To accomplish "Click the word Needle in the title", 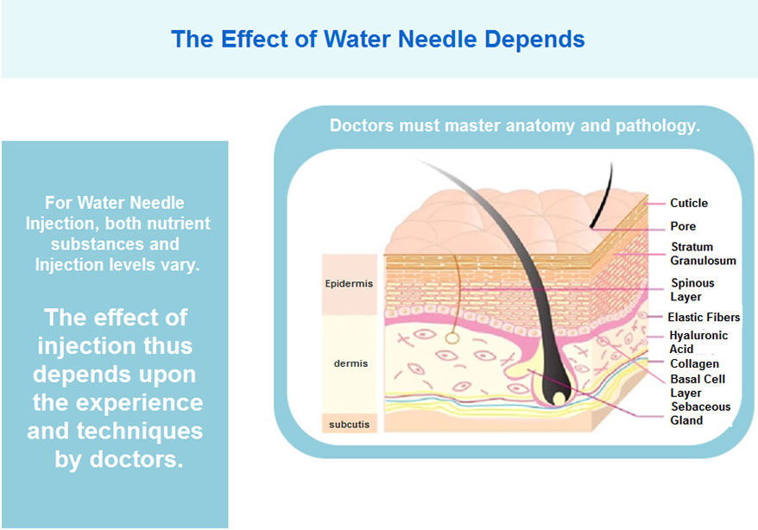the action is (438, 39).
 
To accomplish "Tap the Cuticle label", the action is (689, 203).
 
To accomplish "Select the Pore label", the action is (683, 226).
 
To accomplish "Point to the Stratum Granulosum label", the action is (703, 254).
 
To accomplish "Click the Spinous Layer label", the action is (692, 289).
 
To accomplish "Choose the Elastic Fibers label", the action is (704, 317).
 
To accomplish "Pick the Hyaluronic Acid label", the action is (698, 342).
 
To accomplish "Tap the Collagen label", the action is (695, 363).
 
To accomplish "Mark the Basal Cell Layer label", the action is (698, 386).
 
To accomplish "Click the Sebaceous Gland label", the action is (700, 413).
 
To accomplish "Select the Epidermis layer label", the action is (349, 284).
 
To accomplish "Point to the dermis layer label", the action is (351, 363).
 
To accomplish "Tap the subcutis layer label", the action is (350, 424).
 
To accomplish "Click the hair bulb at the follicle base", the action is (556, 390).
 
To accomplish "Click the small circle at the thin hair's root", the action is (452, 338).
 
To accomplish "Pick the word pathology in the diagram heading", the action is (658, 126).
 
